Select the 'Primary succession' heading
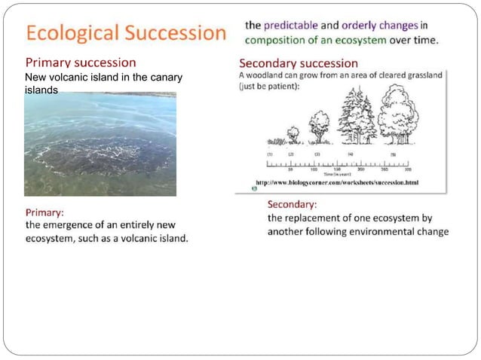click(x=81, y=63)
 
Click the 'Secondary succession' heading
click(x=298, y=63)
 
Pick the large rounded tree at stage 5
click(x=397, y=115)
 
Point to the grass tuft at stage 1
click(x=273, y=141)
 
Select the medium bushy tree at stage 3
click(x=319, y=127)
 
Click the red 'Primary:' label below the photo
click(x=44, y=212)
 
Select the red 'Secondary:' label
click(x=292, y=204)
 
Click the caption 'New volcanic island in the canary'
click(x=103, y=78)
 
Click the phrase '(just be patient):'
click(x=268, y=86)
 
